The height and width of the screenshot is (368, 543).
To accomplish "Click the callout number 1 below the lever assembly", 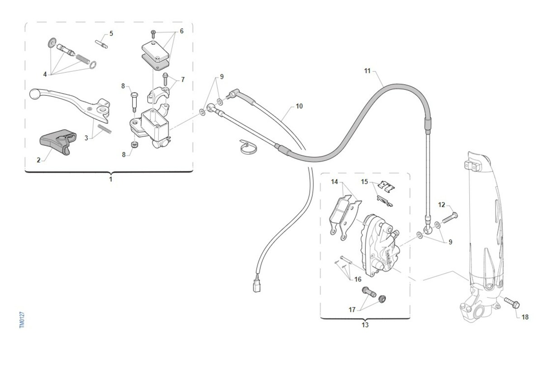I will click(110, 179).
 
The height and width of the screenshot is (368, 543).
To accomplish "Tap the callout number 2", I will click(39, 160).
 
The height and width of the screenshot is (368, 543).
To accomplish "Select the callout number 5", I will click(111, 33).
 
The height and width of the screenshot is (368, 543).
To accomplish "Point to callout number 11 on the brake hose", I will click(367, 71).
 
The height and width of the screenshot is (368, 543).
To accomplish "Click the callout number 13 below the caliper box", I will click(365, 325).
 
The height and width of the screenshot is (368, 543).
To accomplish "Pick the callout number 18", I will click(525, 317).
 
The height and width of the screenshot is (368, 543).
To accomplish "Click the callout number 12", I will click(442, 205).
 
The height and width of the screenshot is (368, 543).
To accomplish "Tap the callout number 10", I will click(299, 106).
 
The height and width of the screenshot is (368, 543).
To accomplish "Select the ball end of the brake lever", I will click(34, 94).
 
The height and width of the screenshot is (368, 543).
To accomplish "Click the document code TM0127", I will click(22, 320).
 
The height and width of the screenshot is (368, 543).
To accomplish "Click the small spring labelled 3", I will click(105, 129).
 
